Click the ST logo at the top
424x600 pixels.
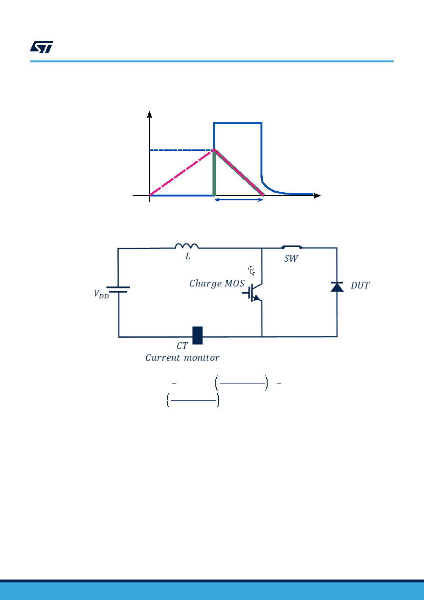41,47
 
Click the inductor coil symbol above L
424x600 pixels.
187,246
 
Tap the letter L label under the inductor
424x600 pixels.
188,256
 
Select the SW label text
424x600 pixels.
291,258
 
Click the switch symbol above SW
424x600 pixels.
292,247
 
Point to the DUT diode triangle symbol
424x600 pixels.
337,286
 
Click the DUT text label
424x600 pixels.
360,285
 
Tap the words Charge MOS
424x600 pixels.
217,284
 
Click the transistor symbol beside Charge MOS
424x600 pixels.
253,293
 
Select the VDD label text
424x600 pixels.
101,294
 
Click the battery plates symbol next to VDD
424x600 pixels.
118,289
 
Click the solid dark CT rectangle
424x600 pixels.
197,335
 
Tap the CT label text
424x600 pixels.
182,346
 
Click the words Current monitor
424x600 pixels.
183,358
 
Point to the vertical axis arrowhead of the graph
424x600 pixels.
150,114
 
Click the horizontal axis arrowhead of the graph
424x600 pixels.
317,196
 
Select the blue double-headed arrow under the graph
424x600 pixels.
239,199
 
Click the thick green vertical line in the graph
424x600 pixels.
214,173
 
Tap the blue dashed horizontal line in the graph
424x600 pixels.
182,150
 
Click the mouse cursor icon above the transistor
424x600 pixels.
251,271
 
